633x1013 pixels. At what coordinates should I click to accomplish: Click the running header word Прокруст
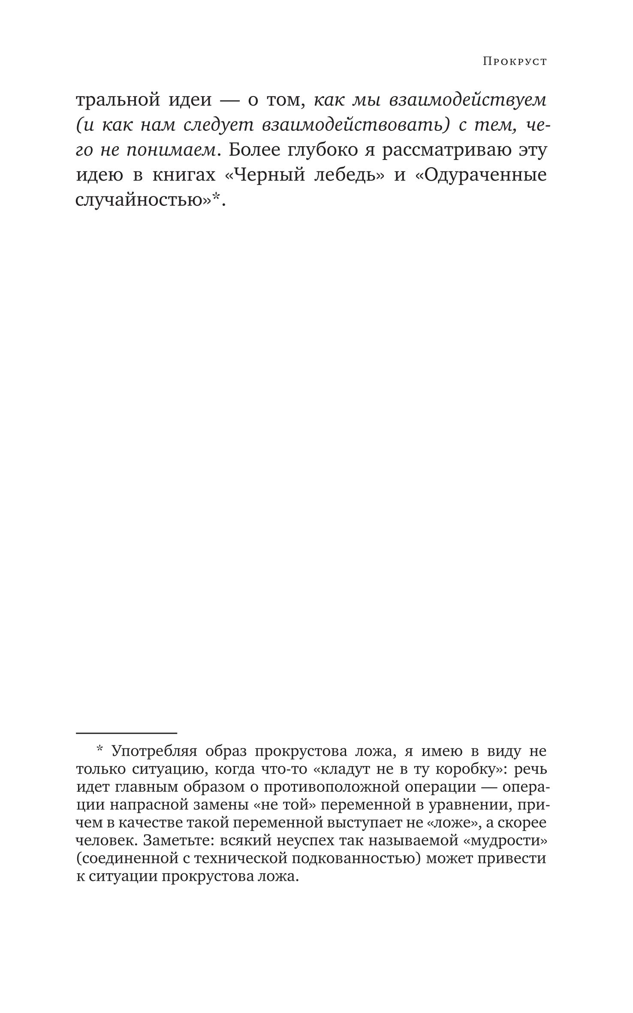pos(515,62)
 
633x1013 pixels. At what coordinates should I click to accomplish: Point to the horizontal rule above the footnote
pos(127,733)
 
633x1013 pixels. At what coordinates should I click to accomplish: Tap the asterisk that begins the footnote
pos(99,750)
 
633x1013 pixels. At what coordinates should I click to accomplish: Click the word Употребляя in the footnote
pos(154,752)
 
